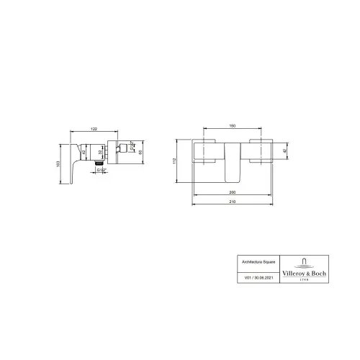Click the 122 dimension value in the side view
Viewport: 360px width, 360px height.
pyautogui.click(x=94, y=128)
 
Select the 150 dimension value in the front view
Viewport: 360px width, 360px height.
pyautogui.click(x=233, y=126)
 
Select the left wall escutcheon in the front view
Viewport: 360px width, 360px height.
pyautogui.click(x=207, y=151)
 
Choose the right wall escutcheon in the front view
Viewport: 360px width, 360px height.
pyautogui.click(x=259, y=151)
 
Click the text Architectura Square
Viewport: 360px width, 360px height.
pyautogui.click(x=258, y=264)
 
